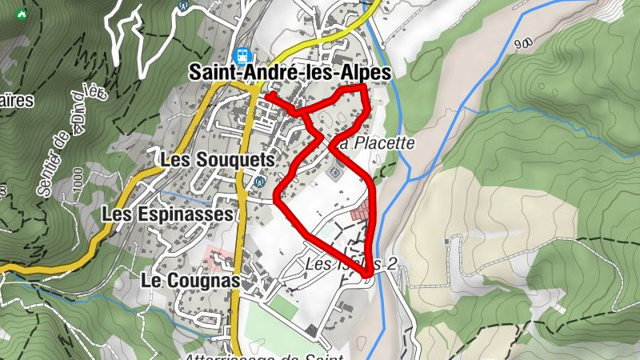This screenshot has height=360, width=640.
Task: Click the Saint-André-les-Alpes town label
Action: [290, 72]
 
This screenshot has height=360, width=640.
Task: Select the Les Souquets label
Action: [217, 160]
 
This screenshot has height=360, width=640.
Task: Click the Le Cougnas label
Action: [190, 281]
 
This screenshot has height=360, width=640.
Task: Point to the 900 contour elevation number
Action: [525, 43]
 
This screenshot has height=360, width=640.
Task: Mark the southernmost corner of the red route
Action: [368, 276]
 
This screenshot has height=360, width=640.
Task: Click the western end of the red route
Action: [267, 96]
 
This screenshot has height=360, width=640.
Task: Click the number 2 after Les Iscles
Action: [391, 264]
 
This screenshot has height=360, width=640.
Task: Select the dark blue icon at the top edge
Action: [184, 3]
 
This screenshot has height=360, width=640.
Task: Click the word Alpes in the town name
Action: [365, 72]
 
